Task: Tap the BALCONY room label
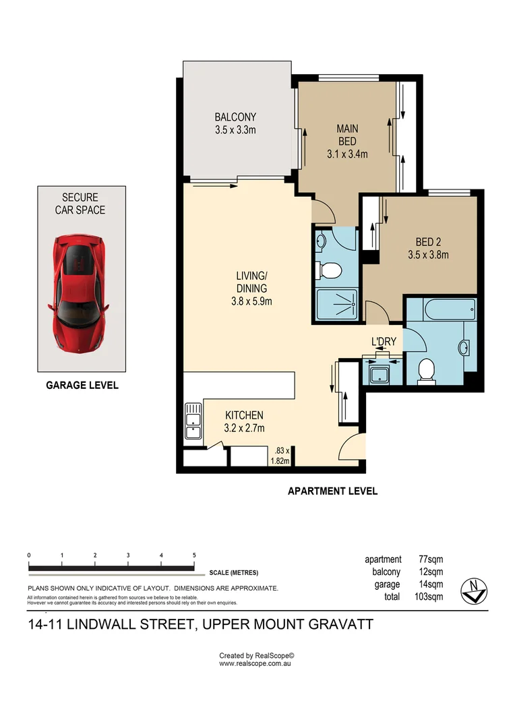click(x=235, y=123)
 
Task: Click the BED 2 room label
click(x=427, y=248)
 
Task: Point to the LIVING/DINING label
click(x=251, y=288)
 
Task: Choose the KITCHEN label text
click(x=244, y=421)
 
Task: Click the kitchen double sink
click(x=192, y=422)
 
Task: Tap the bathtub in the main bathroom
click(x=442, y=311)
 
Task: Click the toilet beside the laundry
click(x=425, y=370)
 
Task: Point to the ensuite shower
click(x=336, y=305)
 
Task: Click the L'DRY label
click(x=383, y=342)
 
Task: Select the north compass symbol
click(x=473, y=590)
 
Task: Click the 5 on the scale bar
click(x=194, y=555)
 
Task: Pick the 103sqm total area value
click(x=429, y=597)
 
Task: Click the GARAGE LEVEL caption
click(x=82, y=386)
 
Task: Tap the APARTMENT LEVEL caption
click(x=332, y=491)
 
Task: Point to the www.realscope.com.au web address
click(x=255, y=664)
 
